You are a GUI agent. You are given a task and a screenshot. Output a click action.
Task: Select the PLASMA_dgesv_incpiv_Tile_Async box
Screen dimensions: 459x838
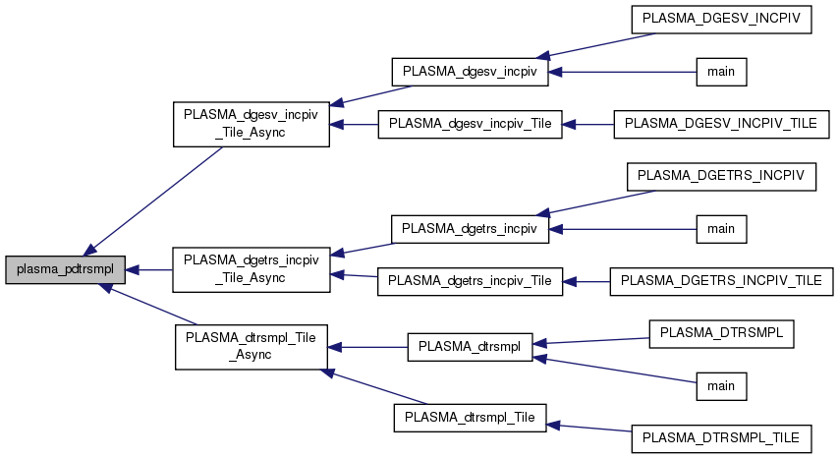(251, 124)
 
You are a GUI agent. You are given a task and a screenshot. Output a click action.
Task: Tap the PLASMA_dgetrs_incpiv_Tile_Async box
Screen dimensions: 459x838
(251, 269)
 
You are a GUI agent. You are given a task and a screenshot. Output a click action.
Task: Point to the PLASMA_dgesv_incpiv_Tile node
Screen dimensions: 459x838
(470, 124)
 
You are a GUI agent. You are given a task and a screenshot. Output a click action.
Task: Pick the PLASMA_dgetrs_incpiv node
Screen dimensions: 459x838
(470, 229)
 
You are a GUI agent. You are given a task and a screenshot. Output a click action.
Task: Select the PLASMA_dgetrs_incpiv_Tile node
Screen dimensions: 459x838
(470, 281)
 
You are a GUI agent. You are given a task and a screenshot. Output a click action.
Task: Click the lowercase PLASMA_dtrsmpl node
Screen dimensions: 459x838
(470, 346)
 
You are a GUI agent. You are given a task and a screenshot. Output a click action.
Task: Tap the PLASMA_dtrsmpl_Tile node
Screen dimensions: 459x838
(470, 417)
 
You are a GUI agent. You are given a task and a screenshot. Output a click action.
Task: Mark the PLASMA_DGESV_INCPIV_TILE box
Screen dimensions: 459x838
(721, 124)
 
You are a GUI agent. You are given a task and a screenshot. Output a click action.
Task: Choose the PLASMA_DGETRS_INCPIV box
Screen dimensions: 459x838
(721, 176)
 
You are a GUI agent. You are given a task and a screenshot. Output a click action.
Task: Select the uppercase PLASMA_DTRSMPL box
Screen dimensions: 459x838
(721, 333)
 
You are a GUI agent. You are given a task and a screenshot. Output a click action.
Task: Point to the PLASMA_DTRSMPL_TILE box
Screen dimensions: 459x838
(721, 436)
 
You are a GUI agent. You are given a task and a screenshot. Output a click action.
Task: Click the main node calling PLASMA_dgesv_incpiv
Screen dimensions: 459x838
(721, 72)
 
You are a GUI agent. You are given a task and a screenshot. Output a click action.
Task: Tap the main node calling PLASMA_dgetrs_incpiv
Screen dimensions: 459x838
(721, 229)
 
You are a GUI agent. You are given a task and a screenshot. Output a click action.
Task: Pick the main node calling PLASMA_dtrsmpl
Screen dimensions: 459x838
(721, 385)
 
